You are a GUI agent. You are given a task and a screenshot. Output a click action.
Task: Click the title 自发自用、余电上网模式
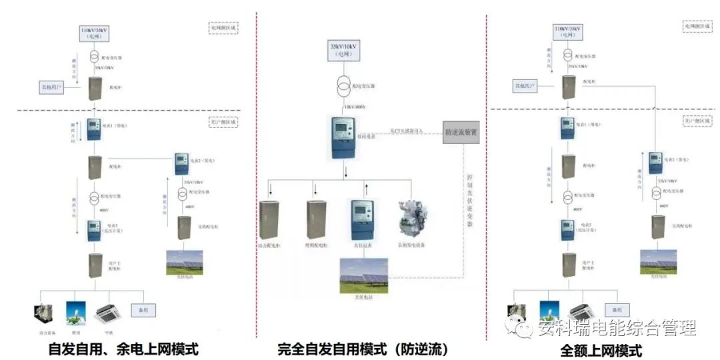click(x=124, y=349)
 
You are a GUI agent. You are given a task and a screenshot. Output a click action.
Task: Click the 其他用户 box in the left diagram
click(x=50, y=87)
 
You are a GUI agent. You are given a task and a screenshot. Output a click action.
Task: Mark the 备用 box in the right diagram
click(x=616, y=310)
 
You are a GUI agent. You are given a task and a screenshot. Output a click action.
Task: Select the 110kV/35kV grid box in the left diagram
click(x=93, y=34)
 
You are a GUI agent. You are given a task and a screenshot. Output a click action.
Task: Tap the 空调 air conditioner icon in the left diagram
click(x=107, y=313)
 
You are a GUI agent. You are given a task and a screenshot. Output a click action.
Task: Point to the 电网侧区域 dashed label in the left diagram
click(x=223, y=29)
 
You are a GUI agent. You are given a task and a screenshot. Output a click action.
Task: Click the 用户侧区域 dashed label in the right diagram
click(x=697, y=121)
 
